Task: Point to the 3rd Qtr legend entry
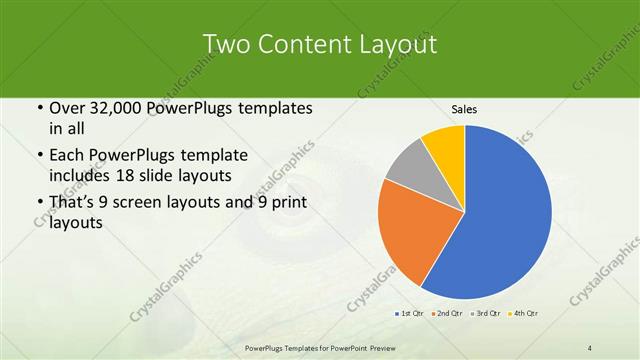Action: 487,315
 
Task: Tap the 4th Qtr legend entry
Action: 525,315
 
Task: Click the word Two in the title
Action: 226,44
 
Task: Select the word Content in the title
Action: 305,44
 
